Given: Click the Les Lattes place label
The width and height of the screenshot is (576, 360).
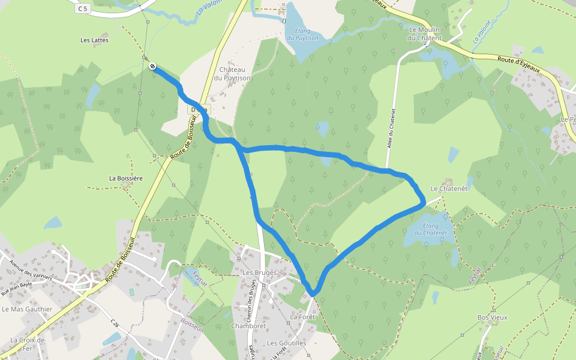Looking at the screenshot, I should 94,40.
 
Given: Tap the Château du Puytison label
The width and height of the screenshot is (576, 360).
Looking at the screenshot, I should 235,74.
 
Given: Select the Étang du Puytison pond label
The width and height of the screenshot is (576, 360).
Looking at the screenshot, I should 302,34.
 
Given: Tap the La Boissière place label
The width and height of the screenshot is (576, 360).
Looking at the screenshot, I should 125,178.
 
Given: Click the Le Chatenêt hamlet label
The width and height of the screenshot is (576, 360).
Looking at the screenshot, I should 448,188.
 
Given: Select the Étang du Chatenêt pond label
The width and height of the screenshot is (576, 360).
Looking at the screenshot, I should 427,229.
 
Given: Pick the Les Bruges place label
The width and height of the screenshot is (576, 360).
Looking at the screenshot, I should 259,272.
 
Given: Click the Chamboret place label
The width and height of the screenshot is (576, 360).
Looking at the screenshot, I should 248,326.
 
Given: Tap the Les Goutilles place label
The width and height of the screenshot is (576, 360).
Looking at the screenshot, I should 286,343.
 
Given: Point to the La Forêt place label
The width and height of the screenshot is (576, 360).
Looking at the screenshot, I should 302,316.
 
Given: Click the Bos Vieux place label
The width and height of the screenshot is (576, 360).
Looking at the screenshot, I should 492,317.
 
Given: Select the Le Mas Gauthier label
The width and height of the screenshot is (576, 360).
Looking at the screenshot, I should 27,309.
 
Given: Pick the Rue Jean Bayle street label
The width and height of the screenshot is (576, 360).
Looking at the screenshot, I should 16,289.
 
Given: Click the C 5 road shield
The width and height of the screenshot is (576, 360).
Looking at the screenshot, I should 82,8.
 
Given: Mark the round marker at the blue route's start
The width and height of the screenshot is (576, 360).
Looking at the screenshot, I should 152,66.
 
